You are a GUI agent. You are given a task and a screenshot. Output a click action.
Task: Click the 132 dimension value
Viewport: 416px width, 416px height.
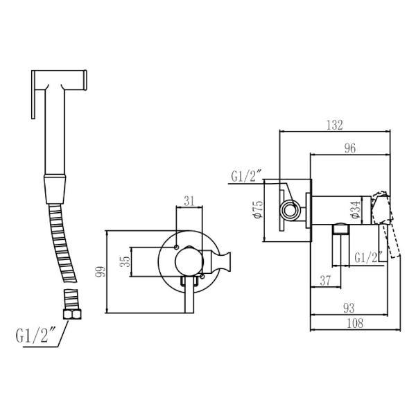[x=335, y=125]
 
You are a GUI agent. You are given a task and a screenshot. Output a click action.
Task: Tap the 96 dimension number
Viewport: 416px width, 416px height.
[x=350, y=148]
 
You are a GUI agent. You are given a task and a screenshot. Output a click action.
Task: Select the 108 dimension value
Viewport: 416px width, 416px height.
[x=355, y=323]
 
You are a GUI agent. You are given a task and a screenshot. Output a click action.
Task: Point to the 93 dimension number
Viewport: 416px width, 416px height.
[x=349, y=308]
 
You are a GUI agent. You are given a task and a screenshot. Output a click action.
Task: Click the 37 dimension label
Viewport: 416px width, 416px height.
[x=325, y=280]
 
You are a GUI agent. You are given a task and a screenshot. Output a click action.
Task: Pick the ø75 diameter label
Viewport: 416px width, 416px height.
[x=259, y=209]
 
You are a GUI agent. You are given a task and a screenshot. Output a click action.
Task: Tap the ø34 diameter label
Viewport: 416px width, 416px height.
[x=356, y=209]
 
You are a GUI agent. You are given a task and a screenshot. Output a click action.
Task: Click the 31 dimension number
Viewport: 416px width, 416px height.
[x=189, y=201]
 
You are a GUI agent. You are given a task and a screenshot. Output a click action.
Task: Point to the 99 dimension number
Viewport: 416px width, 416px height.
[x=100, y=272]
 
